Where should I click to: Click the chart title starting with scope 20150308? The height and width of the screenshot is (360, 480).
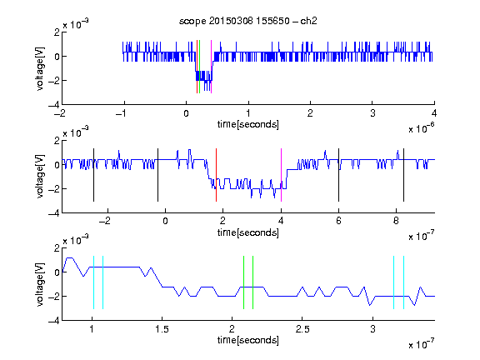[x=248, y=21]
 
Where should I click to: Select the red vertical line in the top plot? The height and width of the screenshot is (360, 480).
[x=197, y=67]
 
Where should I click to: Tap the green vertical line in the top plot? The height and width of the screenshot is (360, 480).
[x=200, y=67]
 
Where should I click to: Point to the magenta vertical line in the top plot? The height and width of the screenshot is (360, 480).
[x=211, y=67]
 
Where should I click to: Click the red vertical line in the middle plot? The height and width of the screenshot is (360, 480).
[x=216, y=175]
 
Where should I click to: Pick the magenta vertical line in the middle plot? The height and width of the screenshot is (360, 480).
[x=281, y=175]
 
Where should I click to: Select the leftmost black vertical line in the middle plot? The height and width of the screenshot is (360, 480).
[x=93, y=175]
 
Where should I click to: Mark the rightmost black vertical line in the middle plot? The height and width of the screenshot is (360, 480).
[x=403, y=175]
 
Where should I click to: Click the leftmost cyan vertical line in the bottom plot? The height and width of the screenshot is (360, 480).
[x=93, y=282]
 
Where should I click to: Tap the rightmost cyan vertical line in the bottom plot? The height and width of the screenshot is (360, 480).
[x=403, y=282]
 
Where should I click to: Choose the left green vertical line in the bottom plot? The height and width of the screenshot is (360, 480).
[x=243, y=282]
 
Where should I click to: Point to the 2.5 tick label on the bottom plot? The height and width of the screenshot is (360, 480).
[x=302, y=329]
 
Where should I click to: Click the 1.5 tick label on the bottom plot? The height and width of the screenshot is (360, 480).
[x=162, y=329]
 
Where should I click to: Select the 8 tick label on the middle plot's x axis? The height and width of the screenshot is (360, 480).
[x=396, y=221]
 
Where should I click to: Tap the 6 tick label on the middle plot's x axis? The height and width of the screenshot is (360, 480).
[x=338, y=221]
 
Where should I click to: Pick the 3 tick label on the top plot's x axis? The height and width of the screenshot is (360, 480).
[x=372, y=113]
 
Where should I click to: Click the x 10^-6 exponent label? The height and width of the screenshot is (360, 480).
[x=421, y=128]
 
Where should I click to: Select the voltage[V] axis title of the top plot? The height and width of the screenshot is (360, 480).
[x=40, y=68]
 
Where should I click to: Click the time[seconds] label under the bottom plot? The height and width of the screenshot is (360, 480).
[x=248, y=340]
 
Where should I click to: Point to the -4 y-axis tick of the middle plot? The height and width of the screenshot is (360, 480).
[x=54, y=212]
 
